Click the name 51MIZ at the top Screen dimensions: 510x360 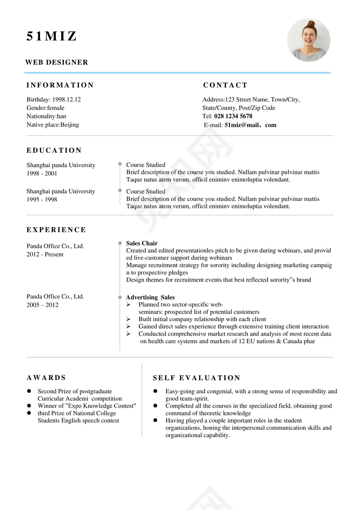coord(52,37)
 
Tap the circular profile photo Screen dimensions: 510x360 coord(309,40)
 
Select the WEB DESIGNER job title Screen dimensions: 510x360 coord(57,63)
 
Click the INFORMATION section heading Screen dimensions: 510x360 coord(60,85)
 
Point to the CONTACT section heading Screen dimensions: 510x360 coord(225,85)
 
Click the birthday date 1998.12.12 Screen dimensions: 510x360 coord(66,99)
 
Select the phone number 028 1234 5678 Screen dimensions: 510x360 coord(233,116)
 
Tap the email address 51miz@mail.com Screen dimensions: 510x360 coord(250,125)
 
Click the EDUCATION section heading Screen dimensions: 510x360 coord(54,151)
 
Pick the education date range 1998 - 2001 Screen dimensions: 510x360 coord(42,174)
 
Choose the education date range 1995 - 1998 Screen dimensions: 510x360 coord(42,200)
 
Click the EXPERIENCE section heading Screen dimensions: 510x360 coord(56,230)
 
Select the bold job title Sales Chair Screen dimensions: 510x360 coord(142,243)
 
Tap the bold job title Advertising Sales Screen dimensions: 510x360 coord(150,297)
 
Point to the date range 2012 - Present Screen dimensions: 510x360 coord(45,254)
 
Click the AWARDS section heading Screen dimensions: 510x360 coord(46,378)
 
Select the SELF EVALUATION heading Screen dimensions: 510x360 coord(196,378)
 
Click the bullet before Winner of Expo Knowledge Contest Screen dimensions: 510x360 coord(29,406)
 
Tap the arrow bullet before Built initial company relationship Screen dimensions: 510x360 coord(128,319)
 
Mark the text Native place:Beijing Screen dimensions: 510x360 coord(52,125)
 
